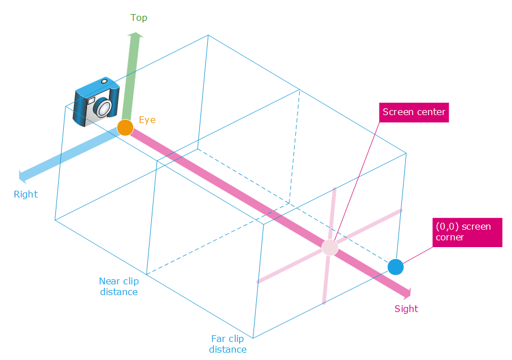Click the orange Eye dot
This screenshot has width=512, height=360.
click(x=125, y=128)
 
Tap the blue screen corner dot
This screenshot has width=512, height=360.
click(x=396, y=267)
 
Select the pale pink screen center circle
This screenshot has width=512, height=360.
click(x=330, y=247)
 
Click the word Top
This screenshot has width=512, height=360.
click(x=139, y=17)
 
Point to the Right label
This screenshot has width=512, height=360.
click(x=25, y=194)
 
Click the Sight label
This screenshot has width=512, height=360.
click(x=406, y=309)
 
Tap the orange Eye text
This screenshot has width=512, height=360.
click(x=147, y=120)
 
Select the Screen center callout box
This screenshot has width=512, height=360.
click(x=414, y=112)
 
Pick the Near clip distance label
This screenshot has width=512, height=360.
click(x=119, y=286)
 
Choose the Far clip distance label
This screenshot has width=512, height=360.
click(x=228, y=344)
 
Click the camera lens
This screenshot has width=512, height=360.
click(x=103, y=107)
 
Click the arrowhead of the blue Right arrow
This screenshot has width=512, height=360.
click(x=23, y=176)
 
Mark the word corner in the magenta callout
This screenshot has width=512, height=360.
click(x=449, y=238)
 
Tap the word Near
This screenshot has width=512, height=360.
click(x=110, y=281)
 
